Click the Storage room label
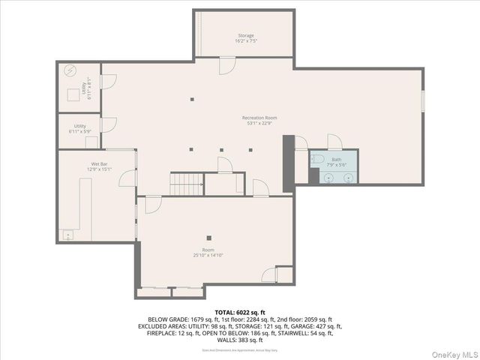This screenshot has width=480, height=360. tap(246, 35)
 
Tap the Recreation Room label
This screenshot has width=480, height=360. tap(259, 118)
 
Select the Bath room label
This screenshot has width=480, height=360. tap(337, 159)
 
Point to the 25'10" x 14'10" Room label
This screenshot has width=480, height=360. tap(208, 250)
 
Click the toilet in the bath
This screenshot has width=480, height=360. tap(317, 160)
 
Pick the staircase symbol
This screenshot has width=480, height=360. tap(187, 183)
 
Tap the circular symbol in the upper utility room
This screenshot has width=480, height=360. tap(70, 71)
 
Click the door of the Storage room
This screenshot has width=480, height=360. tap(226, 66)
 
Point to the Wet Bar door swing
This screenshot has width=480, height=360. tap(126, 178)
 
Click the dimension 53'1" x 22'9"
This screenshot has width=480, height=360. tap(259, 124)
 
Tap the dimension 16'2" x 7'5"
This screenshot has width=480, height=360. tap(246, 41)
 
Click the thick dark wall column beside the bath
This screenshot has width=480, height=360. tap(288, 157)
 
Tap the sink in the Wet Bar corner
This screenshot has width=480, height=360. tap(70, 235)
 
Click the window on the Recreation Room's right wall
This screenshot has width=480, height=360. tap(423, 100)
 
